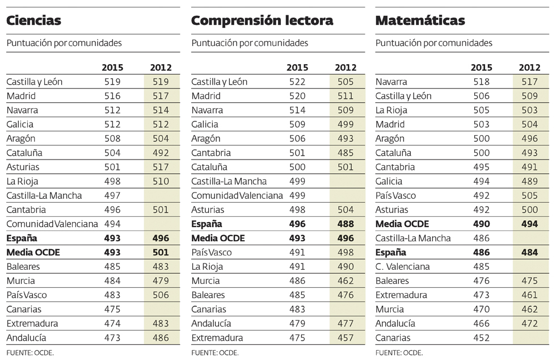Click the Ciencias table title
tap(34, 21)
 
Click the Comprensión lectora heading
tap(262, 21)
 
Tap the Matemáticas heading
tap(420, 21)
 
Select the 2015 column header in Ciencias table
tap(112, 68)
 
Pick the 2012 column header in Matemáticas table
tap(530, 68)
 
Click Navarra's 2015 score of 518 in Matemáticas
tap(481, 82)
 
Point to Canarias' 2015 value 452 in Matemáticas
tap(481, 338)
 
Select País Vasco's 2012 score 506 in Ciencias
tap(161, 295)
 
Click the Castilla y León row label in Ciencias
tap(34, 82)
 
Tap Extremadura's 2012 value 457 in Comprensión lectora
tap(346, 338)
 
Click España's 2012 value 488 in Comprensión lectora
tap(346, 224)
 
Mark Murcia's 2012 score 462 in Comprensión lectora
tap(346, 281)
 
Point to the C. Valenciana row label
tap(403, 267)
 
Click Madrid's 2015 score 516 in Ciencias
tap(112, 96)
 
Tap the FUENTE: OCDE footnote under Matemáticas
tap(399, 353)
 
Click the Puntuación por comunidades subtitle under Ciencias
tap(64, 43)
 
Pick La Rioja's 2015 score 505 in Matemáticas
tap(481, 110)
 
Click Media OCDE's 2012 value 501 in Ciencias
tap(161, 252)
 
